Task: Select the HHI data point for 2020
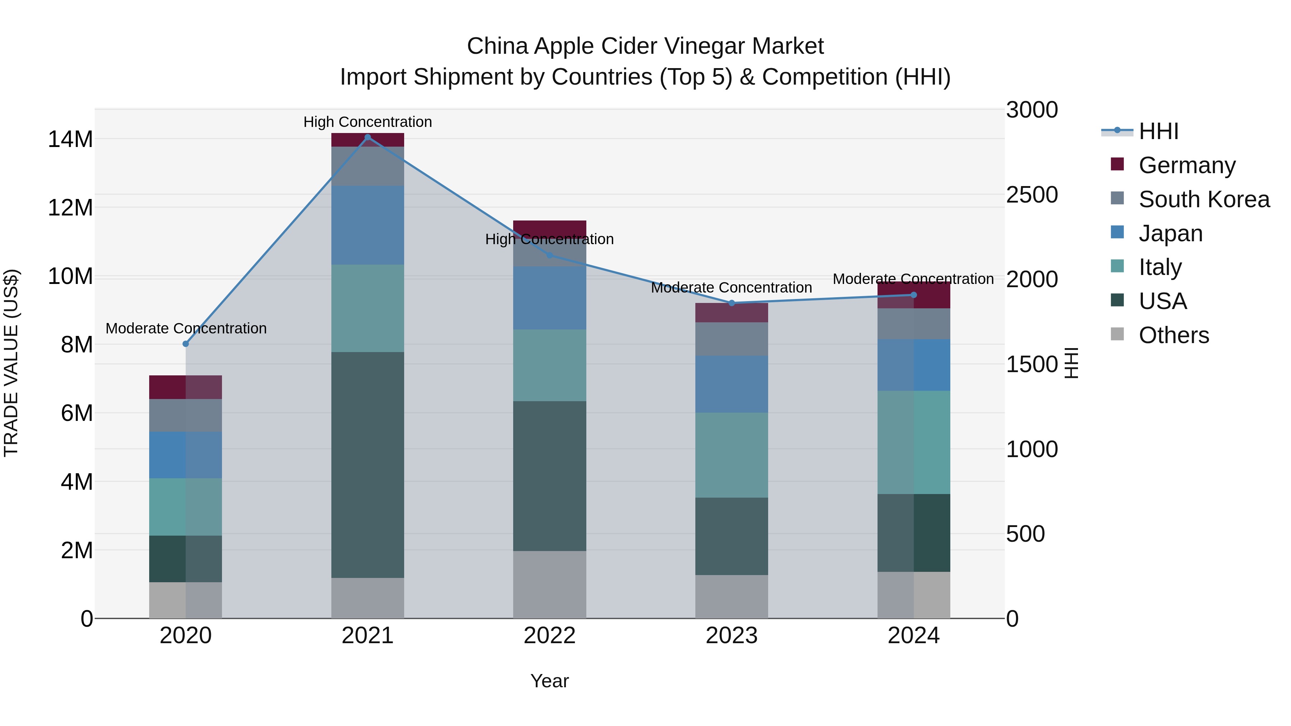[185, 344]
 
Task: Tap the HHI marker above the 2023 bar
[731, 303]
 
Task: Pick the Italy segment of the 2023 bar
[731, 455]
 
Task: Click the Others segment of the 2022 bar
[549, 584]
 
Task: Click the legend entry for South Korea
[1204, 199]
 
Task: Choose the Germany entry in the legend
[1187, 165]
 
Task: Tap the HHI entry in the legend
[1158, 131]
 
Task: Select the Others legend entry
[1173, 335]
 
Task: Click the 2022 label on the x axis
[549, 636]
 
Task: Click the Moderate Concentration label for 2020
[185, 328]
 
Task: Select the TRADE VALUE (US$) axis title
[11, 363]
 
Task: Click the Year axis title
[549, 681]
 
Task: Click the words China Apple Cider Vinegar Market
[645, 46]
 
